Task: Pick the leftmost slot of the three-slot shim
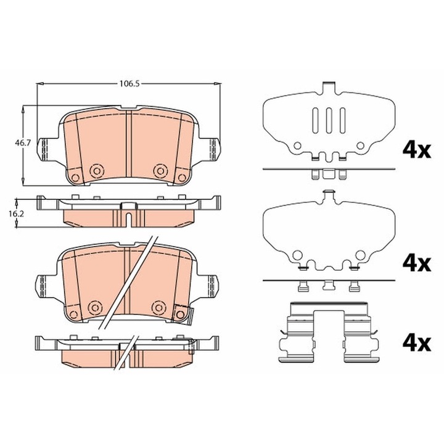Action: tap(316, 118)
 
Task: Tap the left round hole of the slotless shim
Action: tap(297, 254)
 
